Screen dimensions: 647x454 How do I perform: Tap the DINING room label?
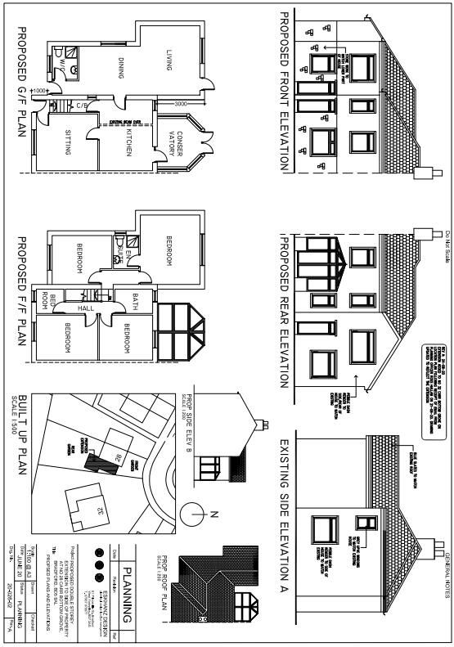[121, 67]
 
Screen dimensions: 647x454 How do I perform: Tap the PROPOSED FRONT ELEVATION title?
[284, 91]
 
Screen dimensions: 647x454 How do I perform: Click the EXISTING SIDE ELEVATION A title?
[284, 515]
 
